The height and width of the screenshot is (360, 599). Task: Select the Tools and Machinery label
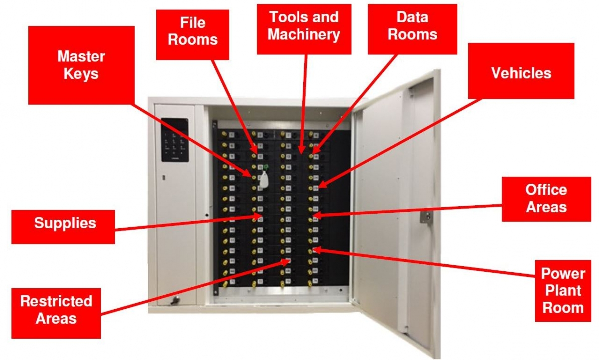(x=304, y=26)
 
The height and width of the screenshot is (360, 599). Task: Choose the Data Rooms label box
(x=412, y=26)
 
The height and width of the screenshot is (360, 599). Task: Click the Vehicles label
(x=521, y=74)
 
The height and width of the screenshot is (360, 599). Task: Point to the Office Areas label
(x=546, y=199)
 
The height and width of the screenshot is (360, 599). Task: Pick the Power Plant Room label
(x=563, y=291)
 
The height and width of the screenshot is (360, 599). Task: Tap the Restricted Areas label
(x=56, y=310)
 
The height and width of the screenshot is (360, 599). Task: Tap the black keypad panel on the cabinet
(x=175, y=139)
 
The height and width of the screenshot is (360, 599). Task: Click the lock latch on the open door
(x=425, y=217)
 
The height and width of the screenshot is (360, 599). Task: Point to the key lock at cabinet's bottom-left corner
(x=174, y=301)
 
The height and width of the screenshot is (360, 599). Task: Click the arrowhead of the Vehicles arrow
(x=320, y=186)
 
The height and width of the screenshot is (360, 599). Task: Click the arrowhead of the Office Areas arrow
(x=315, y=216)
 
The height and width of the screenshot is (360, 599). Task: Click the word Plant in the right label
(x=563, y=291)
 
